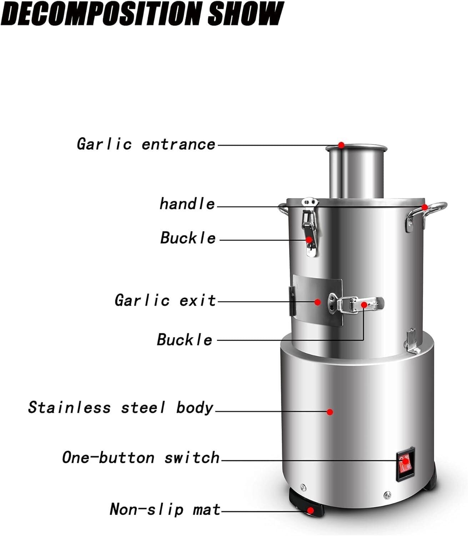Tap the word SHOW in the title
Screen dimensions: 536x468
(246, 14)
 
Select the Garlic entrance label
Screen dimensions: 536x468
(146, 144)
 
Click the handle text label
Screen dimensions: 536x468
(187, 204)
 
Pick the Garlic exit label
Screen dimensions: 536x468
(165, 301)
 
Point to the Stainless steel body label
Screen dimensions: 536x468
(121, 408)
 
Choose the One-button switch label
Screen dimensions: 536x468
(141, 458)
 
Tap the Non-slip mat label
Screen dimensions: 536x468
(165, 509)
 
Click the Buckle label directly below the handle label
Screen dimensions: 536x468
(188, 238)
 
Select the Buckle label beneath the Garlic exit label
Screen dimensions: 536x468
(185, 339)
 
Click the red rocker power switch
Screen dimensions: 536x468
(405, 462)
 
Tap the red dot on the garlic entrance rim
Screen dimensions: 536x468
(341, 145)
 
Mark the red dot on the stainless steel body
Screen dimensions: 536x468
(330, 412)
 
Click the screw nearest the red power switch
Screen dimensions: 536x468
(387, 495)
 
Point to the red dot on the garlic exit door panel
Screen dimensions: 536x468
(317, 302)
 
